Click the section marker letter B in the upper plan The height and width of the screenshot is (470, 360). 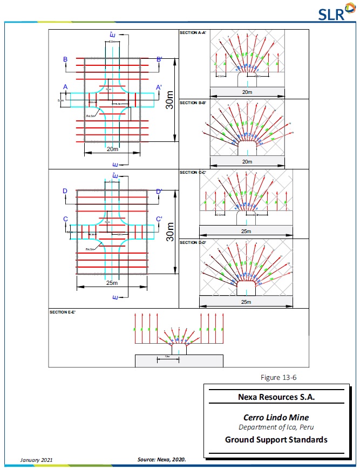pos(65,59)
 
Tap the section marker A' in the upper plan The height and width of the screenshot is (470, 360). pos(159,87)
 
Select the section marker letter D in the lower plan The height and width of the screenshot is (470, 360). pos(65,191)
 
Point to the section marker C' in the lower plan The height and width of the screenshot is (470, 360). pos(159,219)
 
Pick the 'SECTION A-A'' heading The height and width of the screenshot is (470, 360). pos(192,33)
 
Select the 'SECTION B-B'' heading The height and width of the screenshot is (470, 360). pos(192,103)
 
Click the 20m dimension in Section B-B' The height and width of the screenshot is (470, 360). pos(246,161)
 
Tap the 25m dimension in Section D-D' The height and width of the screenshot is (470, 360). pos(246,302)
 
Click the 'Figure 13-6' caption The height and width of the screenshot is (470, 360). pos(279,377)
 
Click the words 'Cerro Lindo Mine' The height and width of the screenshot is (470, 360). pos(276,417)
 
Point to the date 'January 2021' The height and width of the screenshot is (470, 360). pos(37,460)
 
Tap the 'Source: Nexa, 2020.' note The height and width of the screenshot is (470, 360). pos(162,460)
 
